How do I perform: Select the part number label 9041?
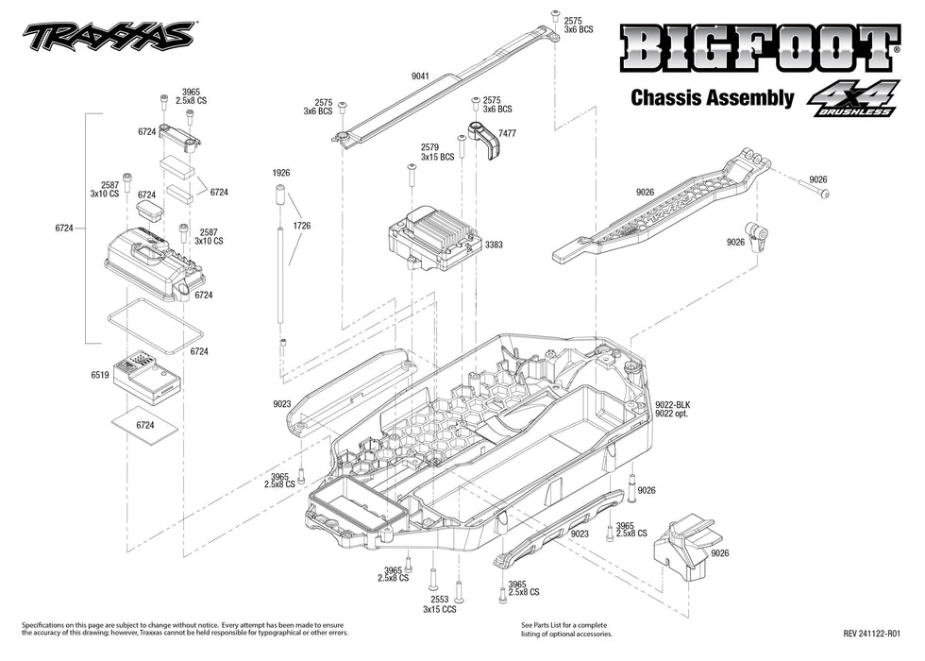point(420,76)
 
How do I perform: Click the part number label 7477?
point(508,134)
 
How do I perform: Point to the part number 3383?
point(494,245)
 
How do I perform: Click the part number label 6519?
point(100,375)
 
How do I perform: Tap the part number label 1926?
point(280,173)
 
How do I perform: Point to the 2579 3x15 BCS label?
point(430,152)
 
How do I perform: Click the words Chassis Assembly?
point(711,97)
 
